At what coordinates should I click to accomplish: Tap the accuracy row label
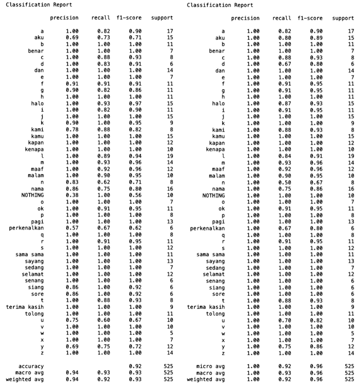(x=31, y=366)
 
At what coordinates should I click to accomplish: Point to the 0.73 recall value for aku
(x=104, y=37)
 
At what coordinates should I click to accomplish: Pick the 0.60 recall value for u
(x=104, y=320)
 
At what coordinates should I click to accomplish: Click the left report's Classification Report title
(x=31, y=5)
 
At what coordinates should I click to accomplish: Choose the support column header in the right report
(x=343, y=18)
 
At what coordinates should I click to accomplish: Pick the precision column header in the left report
(x=64, y=18)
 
